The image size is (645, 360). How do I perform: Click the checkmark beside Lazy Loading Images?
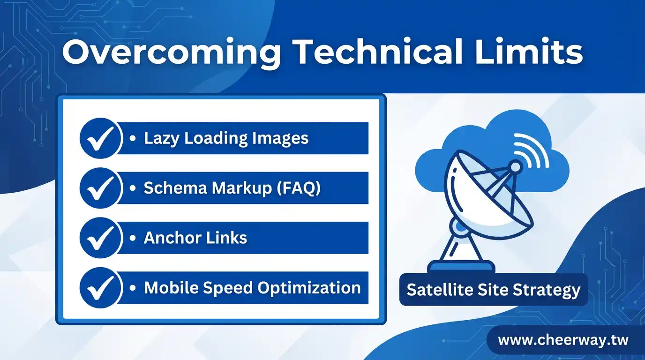tap(100, 139)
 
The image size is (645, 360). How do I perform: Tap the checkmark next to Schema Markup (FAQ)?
tap(100, 188)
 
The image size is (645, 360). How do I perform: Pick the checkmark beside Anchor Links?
tap(100, 238)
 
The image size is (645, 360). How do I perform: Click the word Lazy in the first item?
tap(161, 139)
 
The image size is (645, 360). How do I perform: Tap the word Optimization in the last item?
tap(309, 288)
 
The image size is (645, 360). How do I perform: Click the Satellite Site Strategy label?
tap(494, 290)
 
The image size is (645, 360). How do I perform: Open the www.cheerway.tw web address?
tap(563, 340)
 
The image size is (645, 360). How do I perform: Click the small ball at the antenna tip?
tap(515, 167)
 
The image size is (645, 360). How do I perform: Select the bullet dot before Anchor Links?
tap(133, 238)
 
